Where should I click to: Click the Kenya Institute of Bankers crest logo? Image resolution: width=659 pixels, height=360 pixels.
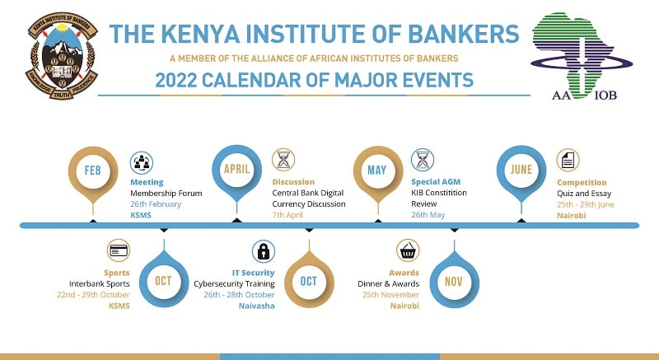(x=62, y=56)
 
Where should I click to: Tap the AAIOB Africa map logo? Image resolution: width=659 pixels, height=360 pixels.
(x=582, y=56)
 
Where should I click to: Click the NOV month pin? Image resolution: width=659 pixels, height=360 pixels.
(x=454, y=280)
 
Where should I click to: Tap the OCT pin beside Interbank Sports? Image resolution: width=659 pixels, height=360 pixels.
(x=163, y=280)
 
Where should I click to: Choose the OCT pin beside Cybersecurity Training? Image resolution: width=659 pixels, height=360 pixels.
(x=309, y=280)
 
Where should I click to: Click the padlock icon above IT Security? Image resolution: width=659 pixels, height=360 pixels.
(x=264, y=251)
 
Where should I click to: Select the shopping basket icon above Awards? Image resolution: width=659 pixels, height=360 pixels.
(x=408, y=250)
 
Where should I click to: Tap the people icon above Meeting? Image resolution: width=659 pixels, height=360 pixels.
(x=141, y=162)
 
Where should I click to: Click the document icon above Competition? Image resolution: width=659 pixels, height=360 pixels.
(x=568, y=160)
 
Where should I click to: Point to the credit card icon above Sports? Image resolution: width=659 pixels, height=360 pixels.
(x=119, y=250)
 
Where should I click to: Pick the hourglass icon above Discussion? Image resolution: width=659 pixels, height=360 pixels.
(x=283, y=160)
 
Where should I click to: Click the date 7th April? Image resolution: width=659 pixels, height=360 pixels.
(x=287, y=215)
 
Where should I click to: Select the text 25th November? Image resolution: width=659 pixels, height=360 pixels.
(x=390, y=295)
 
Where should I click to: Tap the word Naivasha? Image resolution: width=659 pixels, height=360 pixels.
(x=257, y=306)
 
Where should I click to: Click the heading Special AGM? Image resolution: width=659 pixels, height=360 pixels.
(x=436, y=182)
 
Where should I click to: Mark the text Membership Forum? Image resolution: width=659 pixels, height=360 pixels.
(x=166, y=194)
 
